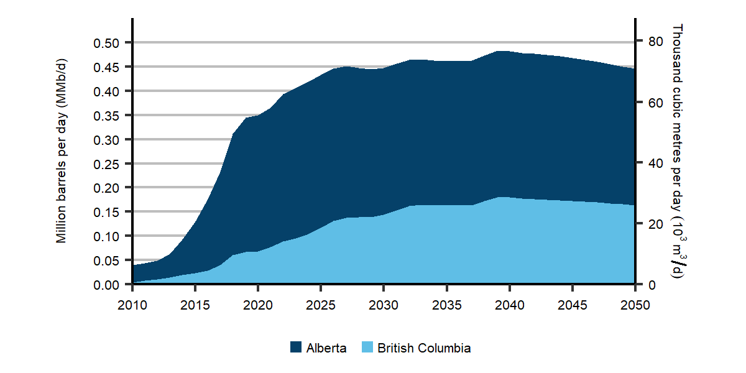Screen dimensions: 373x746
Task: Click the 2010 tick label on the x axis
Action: (132, 305)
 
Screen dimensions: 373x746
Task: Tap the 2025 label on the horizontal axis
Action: (321, 305)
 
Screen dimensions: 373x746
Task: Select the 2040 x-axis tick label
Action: (509, 305)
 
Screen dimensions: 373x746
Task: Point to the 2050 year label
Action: (635, 305)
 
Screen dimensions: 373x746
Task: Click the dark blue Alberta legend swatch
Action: (296, 348)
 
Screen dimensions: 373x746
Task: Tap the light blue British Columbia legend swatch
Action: (367, 348)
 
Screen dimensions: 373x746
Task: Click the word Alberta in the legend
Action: (326, 348)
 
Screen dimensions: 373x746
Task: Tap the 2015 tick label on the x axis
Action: (195, 305)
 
